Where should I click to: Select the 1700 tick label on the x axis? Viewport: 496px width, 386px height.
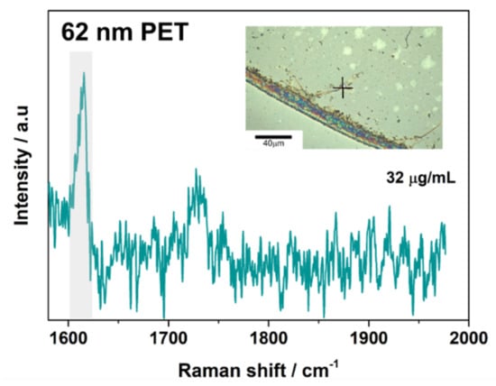point(167,339)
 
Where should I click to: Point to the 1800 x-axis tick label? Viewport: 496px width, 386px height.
point(267,339)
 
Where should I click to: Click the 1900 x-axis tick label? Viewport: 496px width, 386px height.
point(367,339)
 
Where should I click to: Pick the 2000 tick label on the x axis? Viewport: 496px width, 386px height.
point(466,339)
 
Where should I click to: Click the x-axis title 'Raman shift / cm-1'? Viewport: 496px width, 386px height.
point(268,369)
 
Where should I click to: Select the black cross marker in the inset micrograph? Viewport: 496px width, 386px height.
point(342,87)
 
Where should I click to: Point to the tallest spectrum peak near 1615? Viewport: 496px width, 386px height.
point(84,75)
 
